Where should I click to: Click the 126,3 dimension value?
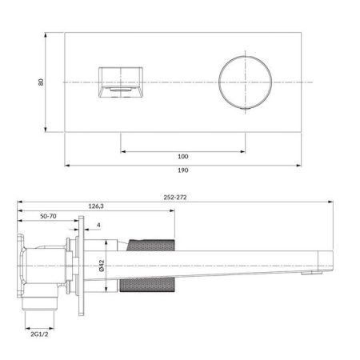click(96, 206)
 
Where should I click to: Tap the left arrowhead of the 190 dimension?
click(66, 165)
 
